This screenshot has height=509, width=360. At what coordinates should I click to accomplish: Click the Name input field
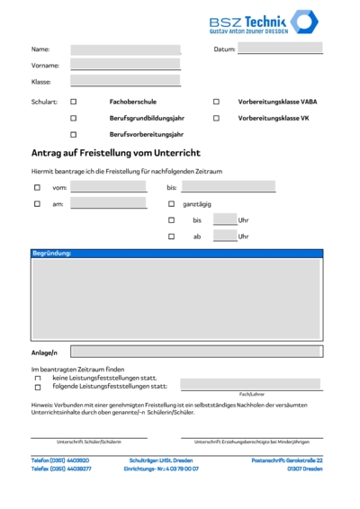[x=125, y=49]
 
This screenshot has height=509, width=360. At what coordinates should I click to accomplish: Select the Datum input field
[x=279, y=49]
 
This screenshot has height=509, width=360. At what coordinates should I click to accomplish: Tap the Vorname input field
[x=125, y=65]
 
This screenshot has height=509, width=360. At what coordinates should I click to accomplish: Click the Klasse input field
[x=125, y=81]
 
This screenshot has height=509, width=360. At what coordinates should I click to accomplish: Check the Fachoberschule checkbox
[x=74, y=102]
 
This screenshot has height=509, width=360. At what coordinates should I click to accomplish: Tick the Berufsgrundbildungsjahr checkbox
[x=74, y=118]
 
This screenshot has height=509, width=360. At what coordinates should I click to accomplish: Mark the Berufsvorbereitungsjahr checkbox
[x=74, y=134]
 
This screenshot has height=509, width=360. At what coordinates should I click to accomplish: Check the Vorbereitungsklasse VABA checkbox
[x=216, y=102]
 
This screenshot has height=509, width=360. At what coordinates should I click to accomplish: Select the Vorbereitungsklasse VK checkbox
[x=216, y=118]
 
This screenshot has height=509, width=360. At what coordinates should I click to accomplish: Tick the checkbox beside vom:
[x=37, y=187]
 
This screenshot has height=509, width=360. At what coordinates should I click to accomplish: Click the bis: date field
[x=228, y=187]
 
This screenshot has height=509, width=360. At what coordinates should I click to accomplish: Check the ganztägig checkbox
[x=171, y=203]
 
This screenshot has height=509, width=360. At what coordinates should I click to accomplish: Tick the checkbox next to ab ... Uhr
[x=171, y=236]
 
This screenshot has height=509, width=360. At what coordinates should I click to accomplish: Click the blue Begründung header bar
[x=176, y=254]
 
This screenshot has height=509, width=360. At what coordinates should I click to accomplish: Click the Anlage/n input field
[x=195, y=352]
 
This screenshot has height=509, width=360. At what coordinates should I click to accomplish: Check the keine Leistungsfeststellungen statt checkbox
[x=38, y=378]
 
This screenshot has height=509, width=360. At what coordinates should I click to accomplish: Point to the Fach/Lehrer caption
[x=251, y=394]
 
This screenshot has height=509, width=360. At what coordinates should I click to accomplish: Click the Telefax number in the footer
[x=61, y=469]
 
